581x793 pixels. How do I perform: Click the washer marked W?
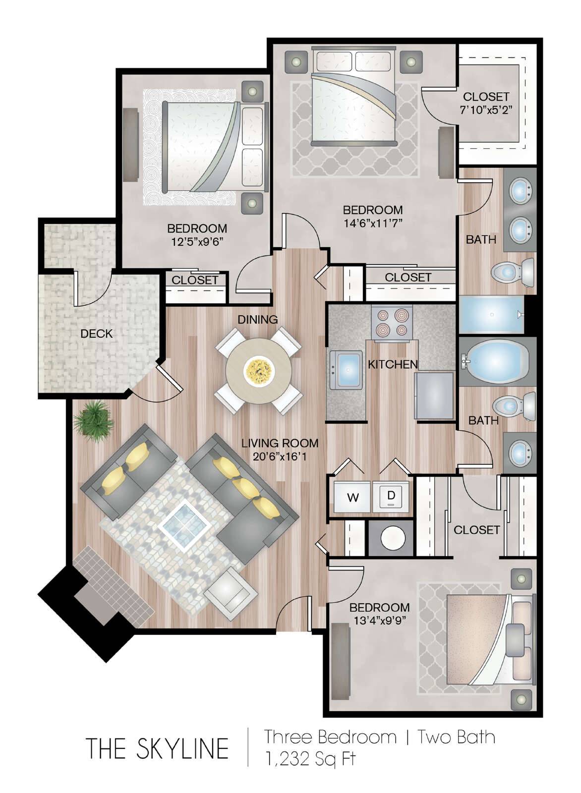(352, 497)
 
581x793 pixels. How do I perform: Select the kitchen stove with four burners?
(392, 323)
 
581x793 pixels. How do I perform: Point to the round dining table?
(259, 371)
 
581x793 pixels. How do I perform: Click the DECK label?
(96, 334)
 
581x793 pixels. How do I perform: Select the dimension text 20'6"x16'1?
(280, 457)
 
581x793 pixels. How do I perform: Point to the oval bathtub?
(496, 361)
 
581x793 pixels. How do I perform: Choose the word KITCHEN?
(393, 364)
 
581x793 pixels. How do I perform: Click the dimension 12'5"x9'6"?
(197, 241)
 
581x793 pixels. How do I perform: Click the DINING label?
(257, 319)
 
